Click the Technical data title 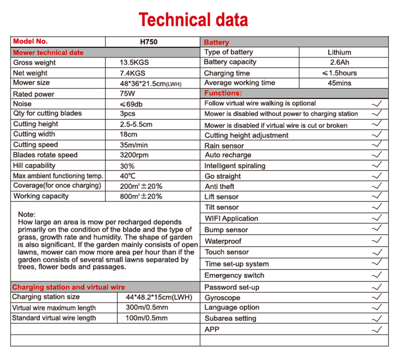point(194,19)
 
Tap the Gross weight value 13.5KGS point(134,63)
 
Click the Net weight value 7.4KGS point(132,73)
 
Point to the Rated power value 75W point(128,94)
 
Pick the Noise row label point(22,104)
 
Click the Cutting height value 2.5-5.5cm point(136,124)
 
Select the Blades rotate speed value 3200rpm point(135,155)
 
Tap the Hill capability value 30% point(127,166)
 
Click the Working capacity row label point(41,196)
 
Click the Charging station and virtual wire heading point(69,287)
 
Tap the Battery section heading point(216,42)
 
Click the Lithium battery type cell point(339,52)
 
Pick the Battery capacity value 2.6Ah point(339,63)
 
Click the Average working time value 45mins point(339,83)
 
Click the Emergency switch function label point(234,275)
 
